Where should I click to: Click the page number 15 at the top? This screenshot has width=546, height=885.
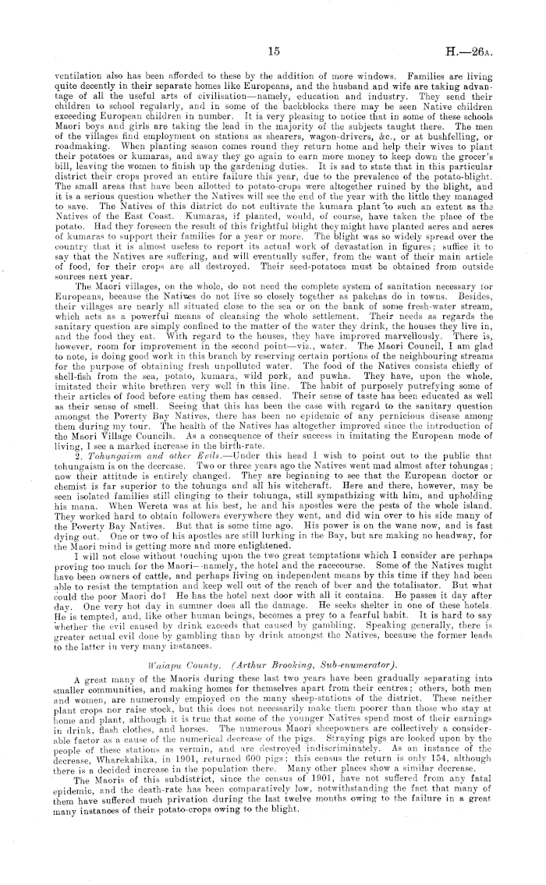pos(272,52)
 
